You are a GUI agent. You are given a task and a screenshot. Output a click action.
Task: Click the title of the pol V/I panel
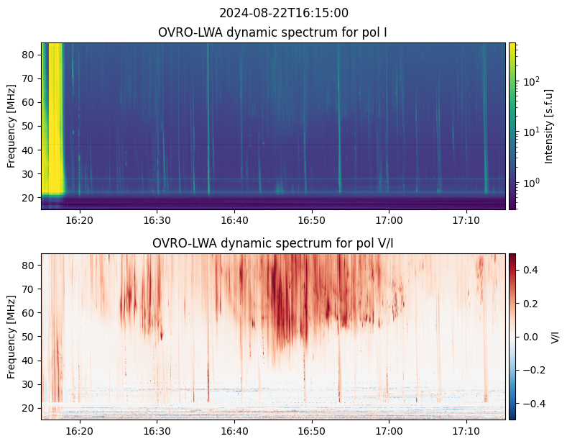point(273,243)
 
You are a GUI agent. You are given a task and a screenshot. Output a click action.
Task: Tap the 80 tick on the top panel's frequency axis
point(31,55)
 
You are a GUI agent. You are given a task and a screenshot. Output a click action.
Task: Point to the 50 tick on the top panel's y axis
point(31,126)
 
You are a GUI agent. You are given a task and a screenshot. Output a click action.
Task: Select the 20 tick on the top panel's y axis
point(31,196)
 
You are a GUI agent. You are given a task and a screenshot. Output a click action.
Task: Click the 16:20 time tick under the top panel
point(80,219)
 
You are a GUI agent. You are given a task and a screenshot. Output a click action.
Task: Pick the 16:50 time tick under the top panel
point(311,219)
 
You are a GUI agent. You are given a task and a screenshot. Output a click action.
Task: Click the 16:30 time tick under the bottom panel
point(157,430)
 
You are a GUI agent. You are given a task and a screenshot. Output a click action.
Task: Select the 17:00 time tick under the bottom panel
point(389,430)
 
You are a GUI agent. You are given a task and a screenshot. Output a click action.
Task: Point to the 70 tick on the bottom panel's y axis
point(31,289)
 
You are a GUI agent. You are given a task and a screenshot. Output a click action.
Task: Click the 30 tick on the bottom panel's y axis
point(31,384)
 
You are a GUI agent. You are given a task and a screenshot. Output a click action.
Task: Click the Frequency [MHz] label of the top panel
point(11,126)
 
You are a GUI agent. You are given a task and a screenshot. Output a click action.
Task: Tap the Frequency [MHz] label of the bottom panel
point(11,337)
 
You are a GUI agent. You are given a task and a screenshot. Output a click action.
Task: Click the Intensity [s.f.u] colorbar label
point(550,126)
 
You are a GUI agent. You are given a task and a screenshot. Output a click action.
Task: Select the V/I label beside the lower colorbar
point(555,337)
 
